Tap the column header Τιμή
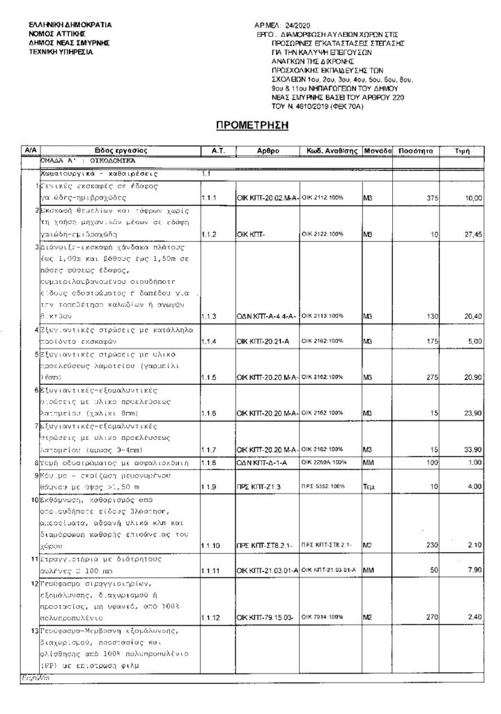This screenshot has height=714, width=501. tap(461, 151)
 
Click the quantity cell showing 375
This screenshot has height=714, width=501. tap(431, 199)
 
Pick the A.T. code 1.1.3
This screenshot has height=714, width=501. tap(210, 316)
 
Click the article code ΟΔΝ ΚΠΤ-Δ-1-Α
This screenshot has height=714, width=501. tap(263, 463)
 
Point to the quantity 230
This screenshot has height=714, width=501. tap(431, 545)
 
